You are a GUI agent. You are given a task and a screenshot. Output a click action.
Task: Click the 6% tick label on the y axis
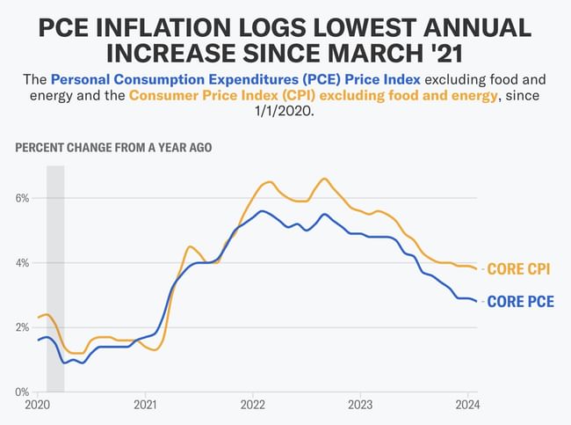point(23,198)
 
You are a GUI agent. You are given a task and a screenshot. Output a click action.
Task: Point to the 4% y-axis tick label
point(23,262)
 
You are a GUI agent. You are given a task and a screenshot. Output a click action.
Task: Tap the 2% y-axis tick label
point(23,327)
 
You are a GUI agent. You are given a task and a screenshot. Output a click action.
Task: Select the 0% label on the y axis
point(23,392)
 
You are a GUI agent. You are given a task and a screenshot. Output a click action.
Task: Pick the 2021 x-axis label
point(145,406)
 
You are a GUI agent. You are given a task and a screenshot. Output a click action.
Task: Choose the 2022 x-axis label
point(253,406)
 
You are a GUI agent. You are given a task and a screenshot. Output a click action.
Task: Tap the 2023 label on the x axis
point(361,406)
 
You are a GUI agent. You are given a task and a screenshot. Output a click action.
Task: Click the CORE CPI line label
point(519,269)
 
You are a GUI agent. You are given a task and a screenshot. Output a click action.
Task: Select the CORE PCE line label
point(519,302)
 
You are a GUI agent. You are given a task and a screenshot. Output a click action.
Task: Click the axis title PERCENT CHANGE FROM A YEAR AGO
point(113,147)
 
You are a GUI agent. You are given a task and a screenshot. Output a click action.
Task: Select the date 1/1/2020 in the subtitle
point(285,114)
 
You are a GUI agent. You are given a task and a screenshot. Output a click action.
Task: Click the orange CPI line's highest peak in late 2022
point(325,179)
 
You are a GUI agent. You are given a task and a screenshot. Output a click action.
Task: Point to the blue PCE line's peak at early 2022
point(261,211)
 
